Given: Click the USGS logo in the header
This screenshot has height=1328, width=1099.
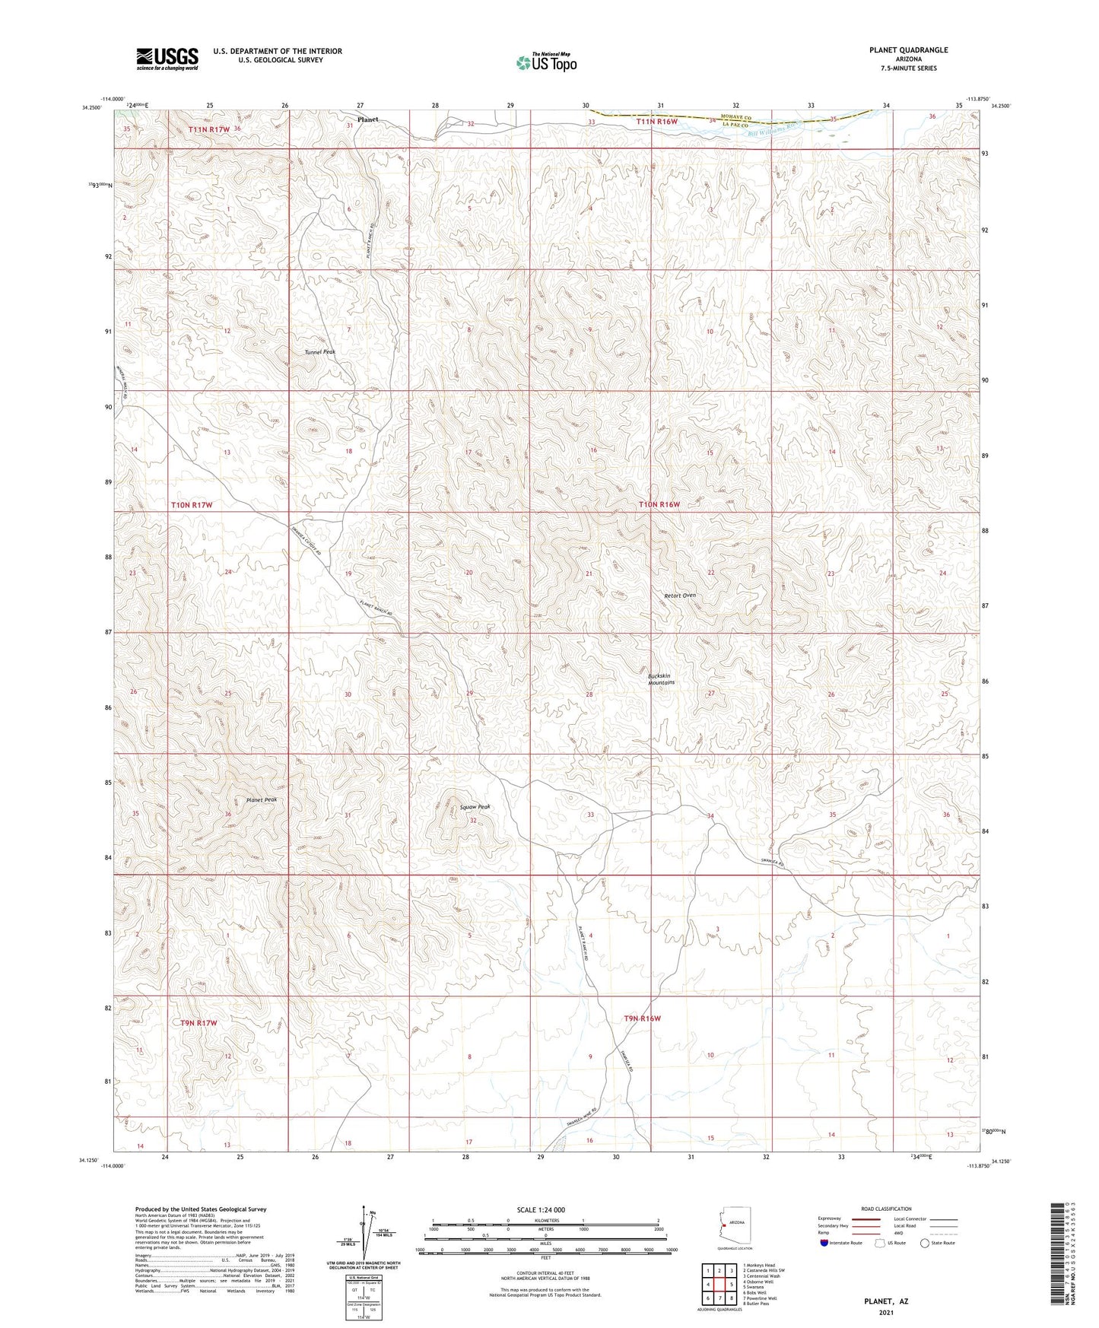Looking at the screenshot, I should [167, 59].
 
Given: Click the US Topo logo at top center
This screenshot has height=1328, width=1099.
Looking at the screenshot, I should [546, 62].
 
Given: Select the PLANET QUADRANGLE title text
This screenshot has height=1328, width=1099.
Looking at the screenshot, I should [908, 50].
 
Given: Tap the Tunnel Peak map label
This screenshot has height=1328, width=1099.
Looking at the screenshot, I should [319, 352].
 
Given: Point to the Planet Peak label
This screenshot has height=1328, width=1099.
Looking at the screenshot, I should [261, 800].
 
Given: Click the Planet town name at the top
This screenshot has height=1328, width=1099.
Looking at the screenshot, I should [368, 119].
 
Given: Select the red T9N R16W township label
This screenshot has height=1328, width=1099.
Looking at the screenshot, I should [642, 1018].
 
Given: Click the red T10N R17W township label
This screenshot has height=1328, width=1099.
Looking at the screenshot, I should [192, 505].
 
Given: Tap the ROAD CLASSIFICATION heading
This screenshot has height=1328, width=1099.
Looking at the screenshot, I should [885, 1209].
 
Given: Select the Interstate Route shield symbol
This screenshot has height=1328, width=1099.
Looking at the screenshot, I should [824, 1243].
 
